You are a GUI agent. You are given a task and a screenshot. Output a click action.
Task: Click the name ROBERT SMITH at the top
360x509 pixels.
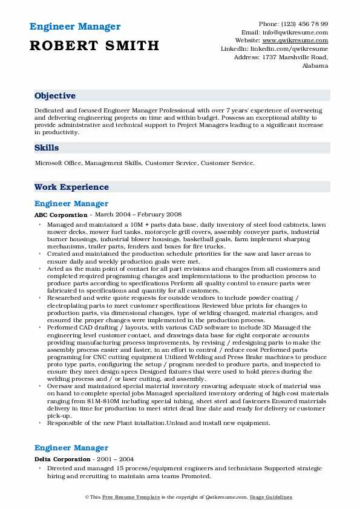94,45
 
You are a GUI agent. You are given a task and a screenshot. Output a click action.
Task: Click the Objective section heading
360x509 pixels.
55,96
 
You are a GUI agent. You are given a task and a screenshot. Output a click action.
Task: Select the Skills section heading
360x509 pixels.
47,148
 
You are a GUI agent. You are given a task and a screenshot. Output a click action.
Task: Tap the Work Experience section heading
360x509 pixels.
71,187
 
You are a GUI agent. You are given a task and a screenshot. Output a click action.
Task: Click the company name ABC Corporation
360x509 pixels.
61,215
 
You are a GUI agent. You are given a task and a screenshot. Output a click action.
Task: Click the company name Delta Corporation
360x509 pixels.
62,459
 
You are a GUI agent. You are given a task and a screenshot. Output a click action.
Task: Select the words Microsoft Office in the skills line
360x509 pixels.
59,163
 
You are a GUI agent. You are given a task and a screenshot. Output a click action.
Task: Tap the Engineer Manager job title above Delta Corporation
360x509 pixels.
71,448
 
